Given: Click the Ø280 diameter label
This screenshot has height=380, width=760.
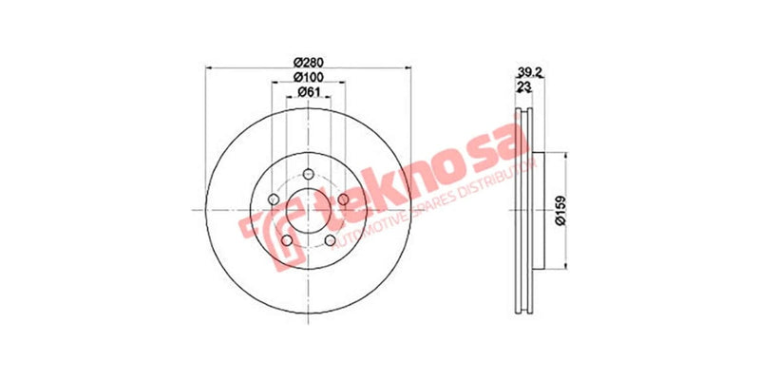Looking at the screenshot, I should pos(307,60).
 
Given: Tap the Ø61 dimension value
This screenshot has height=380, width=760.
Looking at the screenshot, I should pos(307,91).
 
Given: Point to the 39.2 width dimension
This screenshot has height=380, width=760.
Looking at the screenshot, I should pos(530,70).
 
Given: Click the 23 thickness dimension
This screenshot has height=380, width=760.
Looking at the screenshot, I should pos(523,86).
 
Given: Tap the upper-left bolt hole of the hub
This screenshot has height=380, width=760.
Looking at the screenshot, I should pos(273,199).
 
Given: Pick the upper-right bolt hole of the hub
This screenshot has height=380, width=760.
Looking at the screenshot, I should pos(342,199).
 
